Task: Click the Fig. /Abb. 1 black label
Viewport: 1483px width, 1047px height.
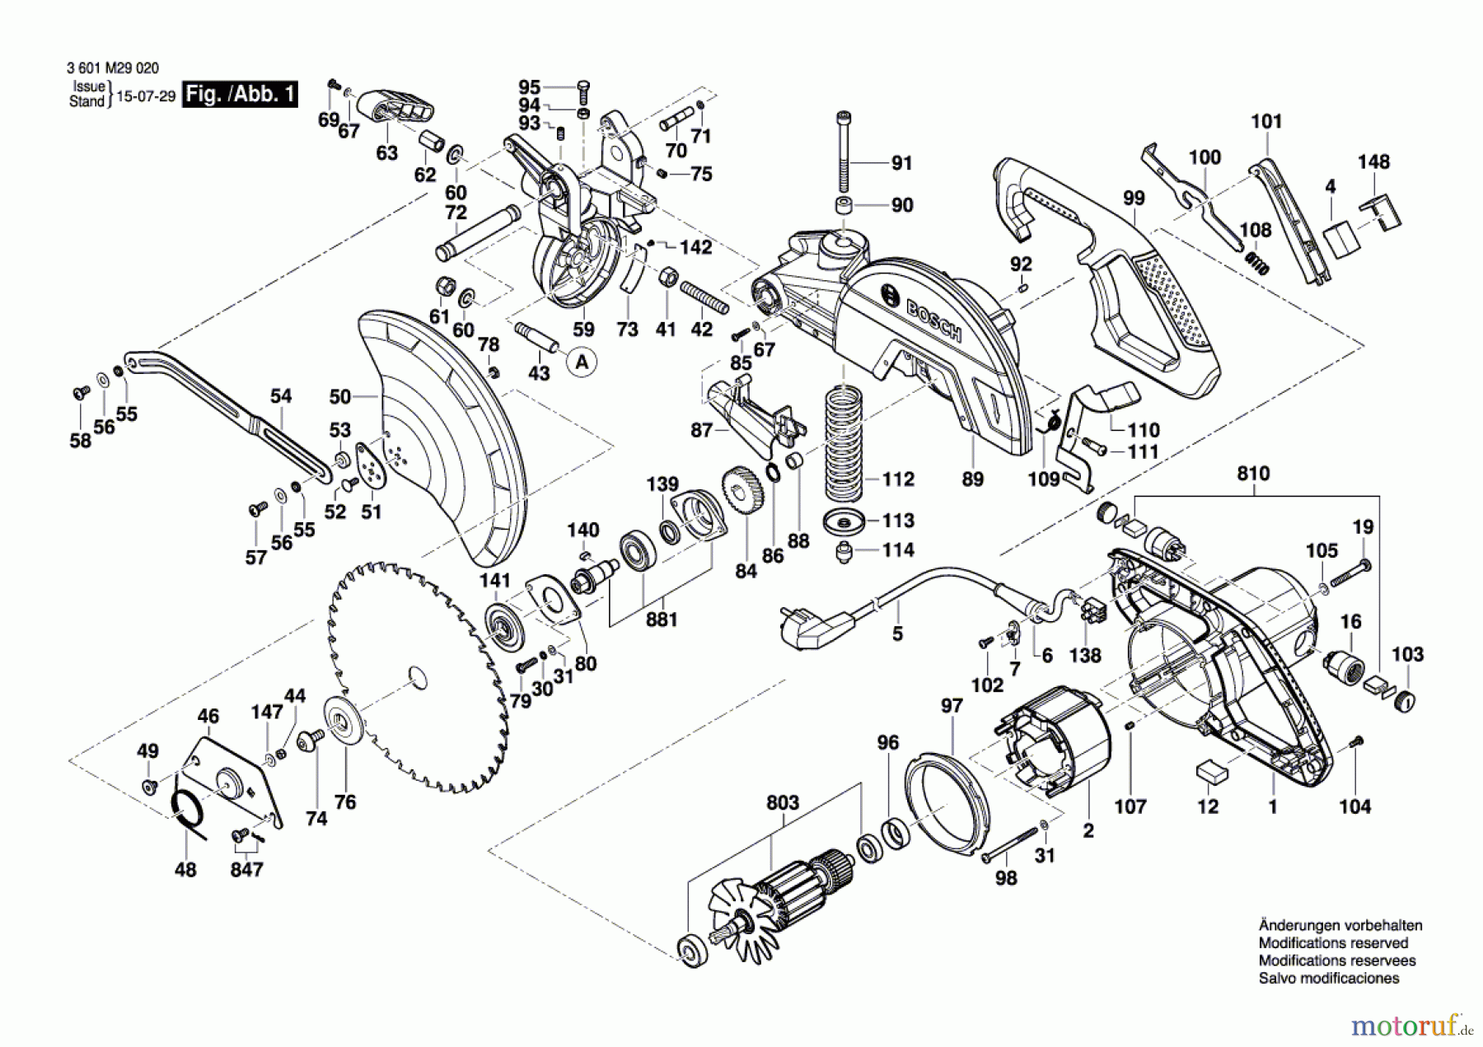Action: (x=240, y=94)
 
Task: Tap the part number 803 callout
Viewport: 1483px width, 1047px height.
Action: (x=782, y=802)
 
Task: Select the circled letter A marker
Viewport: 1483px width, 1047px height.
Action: (x=582, y=362)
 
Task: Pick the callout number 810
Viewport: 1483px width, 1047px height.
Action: (x=1253, y=473)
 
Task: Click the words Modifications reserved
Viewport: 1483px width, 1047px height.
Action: (x=1333, y=943)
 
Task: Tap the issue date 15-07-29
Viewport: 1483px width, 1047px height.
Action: (x=146, y=96)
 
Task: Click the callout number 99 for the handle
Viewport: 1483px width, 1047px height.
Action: (x=1134, y=198)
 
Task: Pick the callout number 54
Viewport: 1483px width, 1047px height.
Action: (x=281, y=395)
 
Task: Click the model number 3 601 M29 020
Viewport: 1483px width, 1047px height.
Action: (x=112, y=68)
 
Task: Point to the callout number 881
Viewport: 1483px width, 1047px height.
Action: (x=662, y=619)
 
